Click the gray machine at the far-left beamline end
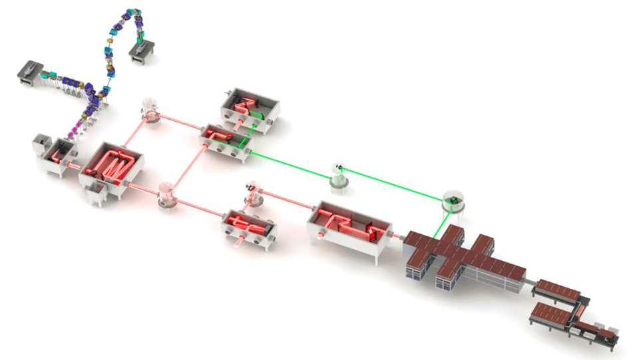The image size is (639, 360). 30,71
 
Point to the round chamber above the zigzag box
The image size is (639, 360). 151,111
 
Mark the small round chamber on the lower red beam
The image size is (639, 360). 253,194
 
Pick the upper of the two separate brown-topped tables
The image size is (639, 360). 558,288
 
